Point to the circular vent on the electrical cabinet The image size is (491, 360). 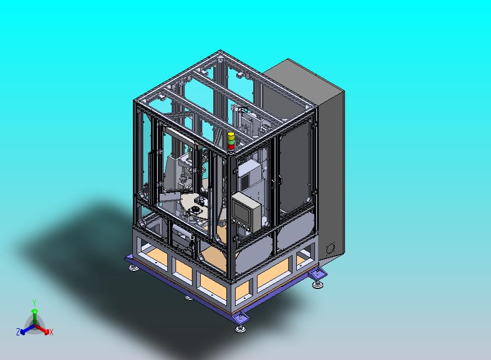[330, 248]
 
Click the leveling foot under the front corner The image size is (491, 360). [240, 329]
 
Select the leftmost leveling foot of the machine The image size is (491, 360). [133, 268]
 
